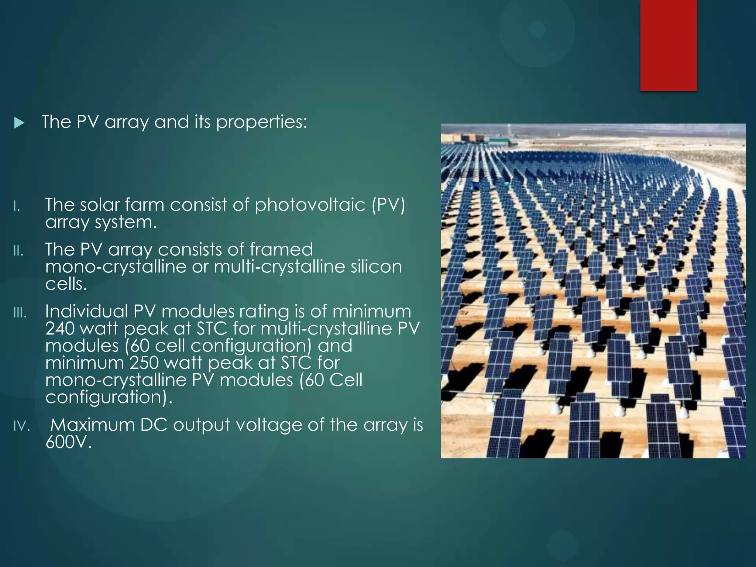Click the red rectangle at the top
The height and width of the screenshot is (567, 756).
pyautogui.click(x=669, y=45)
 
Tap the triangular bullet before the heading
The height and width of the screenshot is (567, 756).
pyautogui.click(x=19, y=123)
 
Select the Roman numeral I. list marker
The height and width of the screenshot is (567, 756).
pyautogui.click(x=16, y=207)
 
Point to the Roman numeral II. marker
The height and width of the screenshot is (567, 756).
pyautogui.click(x=18, y=252)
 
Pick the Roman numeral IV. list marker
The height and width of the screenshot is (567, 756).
pyautogui.click(x=21, y=427)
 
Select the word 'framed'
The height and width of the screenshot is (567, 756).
pyautogui.click(x=281, y=250)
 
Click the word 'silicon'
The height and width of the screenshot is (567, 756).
pyautogui.click(x=376, y=267)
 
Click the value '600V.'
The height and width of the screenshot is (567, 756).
pyautogui.click(x=68, y=442)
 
